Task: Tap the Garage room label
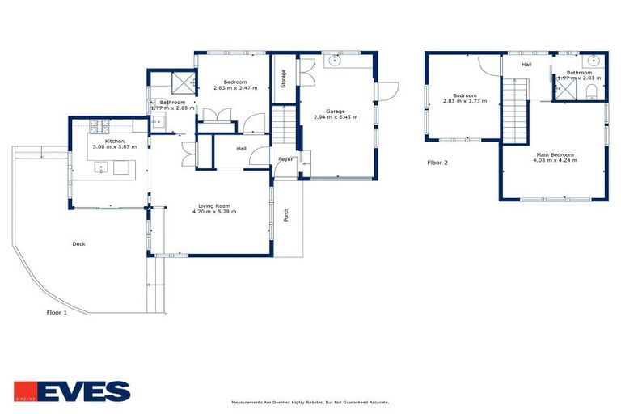335,111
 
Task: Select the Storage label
284,78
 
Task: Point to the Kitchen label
114,141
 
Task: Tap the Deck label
78,243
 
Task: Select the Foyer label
286,159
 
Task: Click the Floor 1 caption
56,312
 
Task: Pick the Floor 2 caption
437,163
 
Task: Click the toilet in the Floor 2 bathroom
593,89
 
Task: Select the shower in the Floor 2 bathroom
561,91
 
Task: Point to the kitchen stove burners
99,125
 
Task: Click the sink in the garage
336,61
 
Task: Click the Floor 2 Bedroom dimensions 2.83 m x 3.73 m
463,101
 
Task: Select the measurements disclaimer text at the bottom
310,402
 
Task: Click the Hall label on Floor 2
526,64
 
